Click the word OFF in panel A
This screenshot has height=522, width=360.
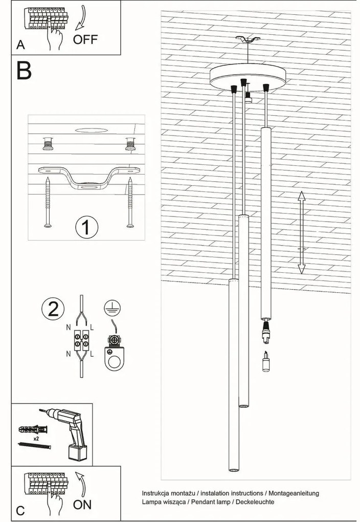pos(85,39)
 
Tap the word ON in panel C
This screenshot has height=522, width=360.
pos(82,505)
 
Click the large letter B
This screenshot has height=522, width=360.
pos(24,70)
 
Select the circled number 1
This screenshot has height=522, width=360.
pos(86,227)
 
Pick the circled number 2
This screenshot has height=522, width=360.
pos(53,309)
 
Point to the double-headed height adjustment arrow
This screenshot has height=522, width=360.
pos(301,232)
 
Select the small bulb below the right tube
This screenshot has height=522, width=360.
pos(265,361)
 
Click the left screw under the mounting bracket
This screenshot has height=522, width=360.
pos(48,203)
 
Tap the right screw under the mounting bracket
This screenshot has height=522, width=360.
pos(130,203)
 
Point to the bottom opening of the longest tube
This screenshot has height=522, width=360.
pos(234,470)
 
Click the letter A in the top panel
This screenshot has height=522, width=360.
pos(20,45)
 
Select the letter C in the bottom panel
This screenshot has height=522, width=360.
pos(20,511)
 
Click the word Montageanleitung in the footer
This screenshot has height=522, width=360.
pos(294,493)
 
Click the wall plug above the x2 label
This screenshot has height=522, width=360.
pos(34,429)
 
